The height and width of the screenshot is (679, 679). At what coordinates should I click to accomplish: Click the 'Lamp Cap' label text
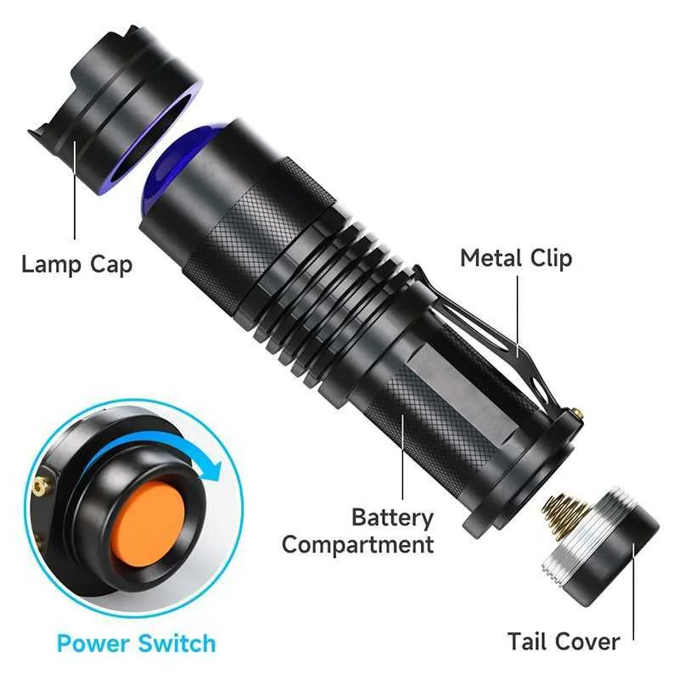pos(77,264)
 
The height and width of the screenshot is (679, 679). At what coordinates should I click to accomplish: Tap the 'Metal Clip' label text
pos(516,259)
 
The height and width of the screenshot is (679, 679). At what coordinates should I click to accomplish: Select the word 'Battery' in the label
pos(392,517)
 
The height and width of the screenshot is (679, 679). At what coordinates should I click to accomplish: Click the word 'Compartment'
pos(357,544)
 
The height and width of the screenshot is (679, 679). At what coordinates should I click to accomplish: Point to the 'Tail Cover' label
pos(563,641)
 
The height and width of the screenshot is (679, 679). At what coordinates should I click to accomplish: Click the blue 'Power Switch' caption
pos(136,643)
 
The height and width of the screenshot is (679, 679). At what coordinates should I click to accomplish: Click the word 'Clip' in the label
pos(548,259)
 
